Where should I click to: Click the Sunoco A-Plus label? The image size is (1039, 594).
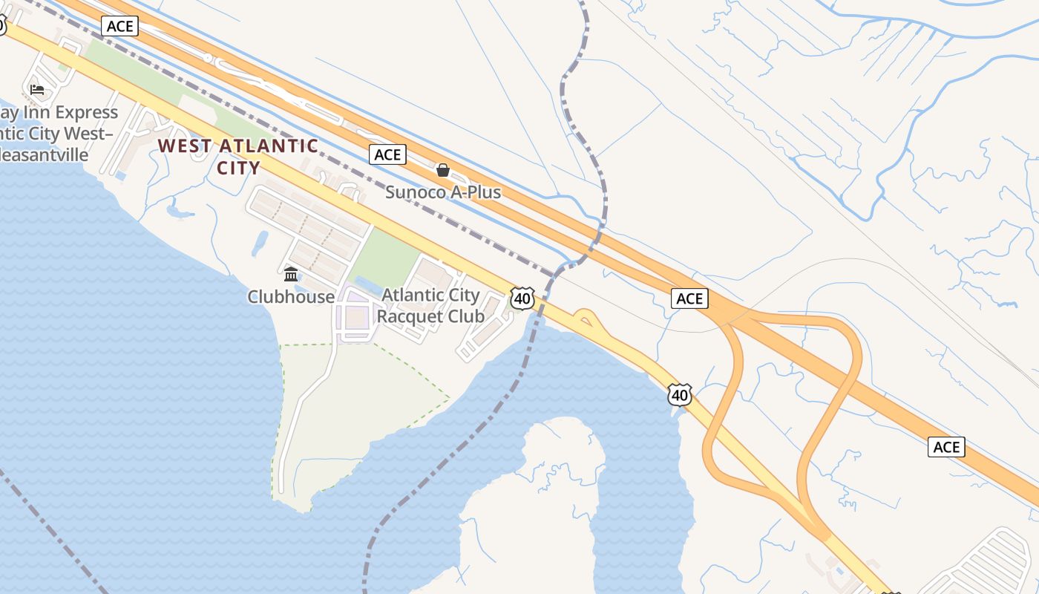442,192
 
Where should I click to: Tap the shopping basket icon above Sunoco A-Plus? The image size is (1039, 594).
443,170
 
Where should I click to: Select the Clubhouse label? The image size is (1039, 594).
291,297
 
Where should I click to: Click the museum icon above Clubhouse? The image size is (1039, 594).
291,274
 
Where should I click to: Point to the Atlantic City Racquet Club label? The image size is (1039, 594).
430,306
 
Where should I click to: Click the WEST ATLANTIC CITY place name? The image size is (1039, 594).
237,156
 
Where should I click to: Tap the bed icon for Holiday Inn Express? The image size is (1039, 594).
37,90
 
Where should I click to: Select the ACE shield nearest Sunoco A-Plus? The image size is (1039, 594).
387,154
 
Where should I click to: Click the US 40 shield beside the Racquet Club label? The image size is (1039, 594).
522,299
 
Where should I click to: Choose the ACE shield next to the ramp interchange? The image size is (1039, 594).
689,298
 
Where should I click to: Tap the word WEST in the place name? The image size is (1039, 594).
186,146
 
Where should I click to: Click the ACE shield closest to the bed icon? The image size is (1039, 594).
119,27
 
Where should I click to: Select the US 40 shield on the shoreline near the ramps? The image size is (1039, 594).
679,395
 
